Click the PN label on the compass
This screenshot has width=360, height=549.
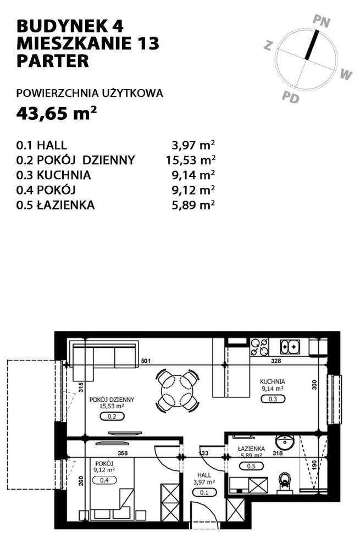click(x=321, y=21)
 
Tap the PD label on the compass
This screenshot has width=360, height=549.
click(x=291, y=97)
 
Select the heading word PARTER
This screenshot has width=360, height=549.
click(x=53, y=60)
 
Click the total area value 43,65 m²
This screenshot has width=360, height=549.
click(x=57, y=113)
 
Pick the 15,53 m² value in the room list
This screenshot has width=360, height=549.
click(x=191, y=160)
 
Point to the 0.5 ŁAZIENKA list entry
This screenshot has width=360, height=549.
click(x=56, y=205)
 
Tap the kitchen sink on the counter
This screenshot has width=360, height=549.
click(x=290, y=347)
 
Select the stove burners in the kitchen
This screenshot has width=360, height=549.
click(x=259, y=347)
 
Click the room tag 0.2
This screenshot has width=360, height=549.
click(x=112, y=417)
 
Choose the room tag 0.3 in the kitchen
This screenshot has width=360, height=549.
click(x=273, y=399)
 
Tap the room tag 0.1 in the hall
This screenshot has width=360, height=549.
click(x=204, y=492)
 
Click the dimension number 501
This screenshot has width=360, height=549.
click(x=146, y=361)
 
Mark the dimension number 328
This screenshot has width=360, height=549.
click(x=276, y=361)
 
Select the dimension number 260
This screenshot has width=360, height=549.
click(x=81, y=481)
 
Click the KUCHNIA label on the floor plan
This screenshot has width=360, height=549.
click(x=273, y=381)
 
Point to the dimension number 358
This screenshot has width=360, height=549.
click(x=123, y=453)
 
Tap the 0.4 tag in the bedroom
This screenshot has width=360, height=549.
click(x=104, y=480)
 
